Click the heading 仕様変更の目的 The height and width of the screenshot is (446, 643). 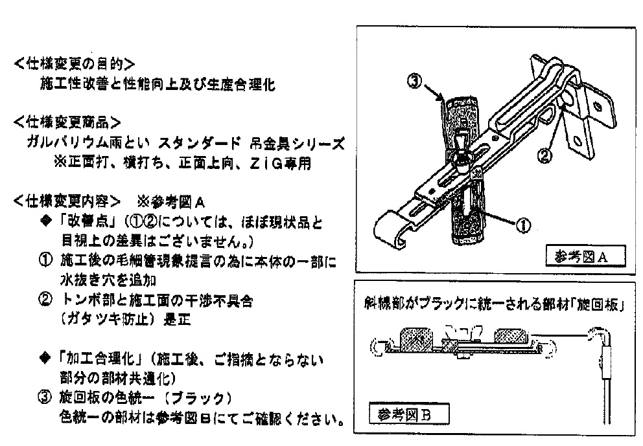(75, 64)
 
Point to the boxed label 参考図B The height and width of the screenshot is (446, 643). (404, 414)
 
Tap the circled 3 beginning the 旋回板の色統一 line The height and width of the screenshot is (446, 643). (45, 397)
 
